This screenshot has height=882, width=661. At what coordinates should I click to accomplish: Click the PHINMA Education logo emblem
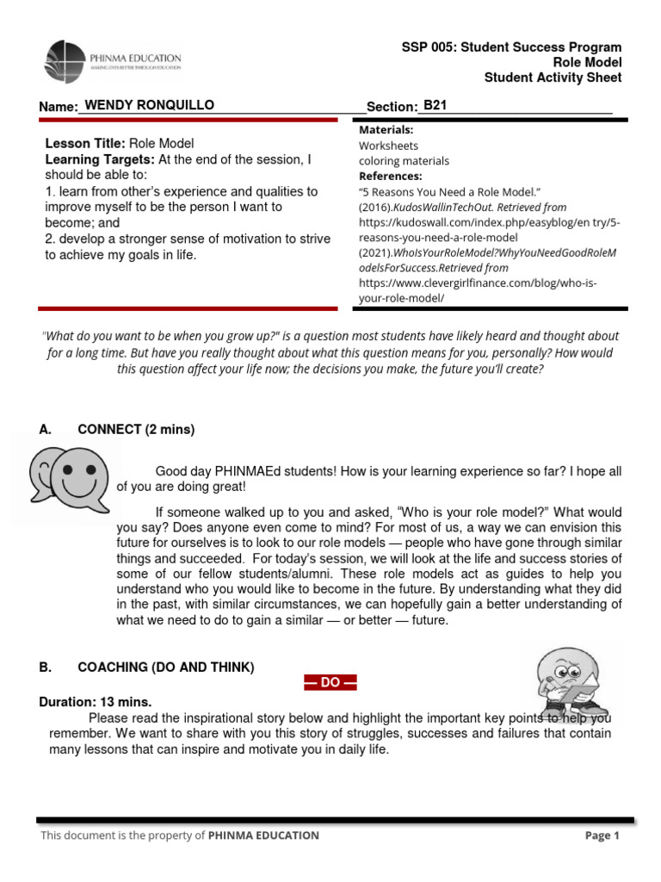(x=65, y=62)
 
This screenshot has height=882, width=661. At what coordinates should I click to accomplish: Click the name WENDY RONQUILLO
(x=149, y=105)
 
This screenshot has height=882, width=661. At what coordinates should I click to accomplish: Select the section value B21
(x=435, y=105)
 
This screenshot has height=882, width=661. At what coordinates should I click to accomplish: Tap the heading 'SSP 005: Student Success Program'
(x=511, y=47)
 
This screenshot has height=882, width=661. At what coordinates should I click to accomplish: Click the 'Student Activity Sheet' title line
(x=553, y=78)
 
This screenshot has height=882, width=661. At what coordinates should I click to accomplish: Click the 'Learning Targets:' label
(x=100, y=160)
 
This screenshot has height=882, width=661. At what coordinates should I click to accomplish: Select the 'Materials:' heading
(x=386, y=129)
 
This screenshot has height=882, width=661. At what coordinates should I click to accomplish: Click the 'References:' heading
(x=390, y=176)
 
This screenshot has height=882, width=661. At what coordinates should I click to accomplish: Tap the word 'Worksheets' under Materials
(x=388, y=145)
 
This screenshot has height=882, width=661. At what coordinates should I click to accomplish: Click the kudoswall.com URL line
(x=489, y=222)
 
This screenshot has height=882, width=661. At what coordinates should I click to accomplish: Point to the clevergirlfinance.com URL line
(x=478, y=283)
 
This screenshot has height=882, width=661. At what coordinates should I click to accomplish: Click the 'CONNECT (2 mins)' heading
(x=136, y=429)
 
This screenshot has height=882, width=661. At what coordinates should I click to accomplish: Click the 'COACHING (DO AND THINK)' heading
(x=165, y=668)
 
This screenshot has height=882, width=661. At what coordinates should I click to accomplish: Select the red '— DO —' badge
(x=330, y=683)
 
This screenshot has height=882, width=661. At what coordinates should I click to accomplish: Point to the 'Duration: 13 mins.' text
(x=96, y=702)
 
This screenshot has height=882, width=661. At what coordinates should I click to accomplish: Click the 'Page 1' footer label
(x=602, y=835)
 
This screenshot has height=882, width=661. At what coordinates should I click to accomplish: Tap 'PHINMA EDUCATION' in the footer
(x=263, y=835)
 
